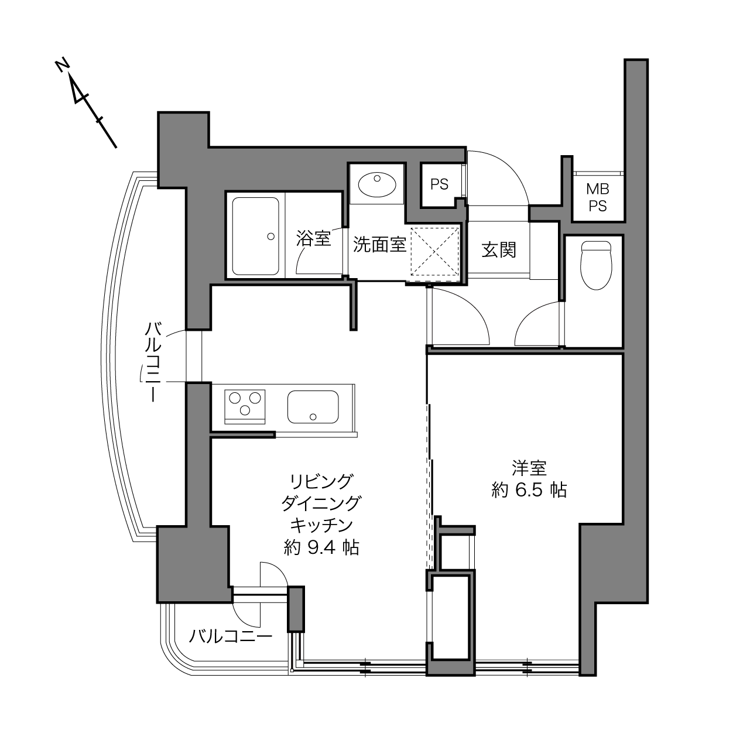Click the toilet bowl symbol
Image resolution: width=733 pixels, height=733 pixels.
(x=596, y=265)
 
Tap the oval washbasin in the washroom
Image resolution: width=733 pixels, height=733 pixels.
(x=377, y=184)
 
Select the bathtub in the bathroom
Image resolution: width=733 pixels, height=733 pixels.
(x=256, y=236)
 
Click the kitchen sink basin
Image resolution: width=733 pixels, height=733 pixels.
(x=313, y=407)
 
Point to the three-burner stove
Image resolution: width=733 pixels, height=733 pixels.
(x=245, y=406)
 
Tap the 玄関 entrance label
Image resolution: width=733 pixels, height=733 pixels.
(x=499, y=250)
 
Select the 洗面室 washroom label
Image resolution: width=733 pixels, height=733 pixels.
(x=379, y=244)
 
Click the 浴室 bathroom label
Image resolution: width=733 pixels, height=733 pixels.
(x=313, y=238)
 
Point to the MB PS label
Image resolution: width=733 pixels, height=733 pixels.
(x=598, y=197)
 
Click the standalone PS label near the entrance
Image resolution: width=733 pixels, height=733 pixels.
(x=439, y=184)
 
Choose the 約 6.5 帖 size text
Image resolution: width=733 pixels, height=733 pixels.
(x=529, y=490)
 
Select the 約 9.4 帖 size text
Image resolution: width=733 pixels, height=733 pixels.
(x=321, y=547)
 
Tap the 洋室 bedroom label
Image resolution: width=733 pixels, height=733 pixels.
(x=529, y=468)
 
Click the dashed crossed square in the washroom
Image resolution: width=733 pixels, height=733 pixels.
(x=434, y=252)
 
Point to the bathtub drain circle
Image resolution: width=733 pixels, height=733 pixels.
(x=271, y=236)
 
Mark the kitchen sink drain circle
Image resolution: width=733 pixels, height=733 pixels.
(x=313, y=417)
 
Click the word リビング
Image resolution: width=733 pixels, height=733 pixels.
(x=322, y=482)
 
